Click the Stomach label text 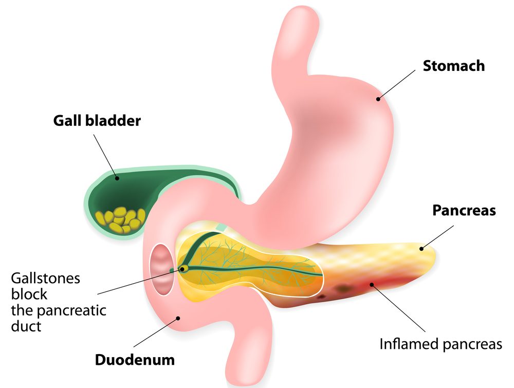454,66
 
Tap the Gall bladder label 97,121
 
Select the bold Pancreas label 464,210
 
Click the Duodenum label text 135,360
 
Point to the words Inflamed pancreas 440,343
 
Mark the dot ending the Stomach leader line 379,99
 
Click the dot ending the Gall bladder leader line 117,178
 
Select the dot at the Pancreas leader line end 421,249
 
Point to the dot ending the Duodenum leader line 178,318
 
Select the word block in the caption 29,294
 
